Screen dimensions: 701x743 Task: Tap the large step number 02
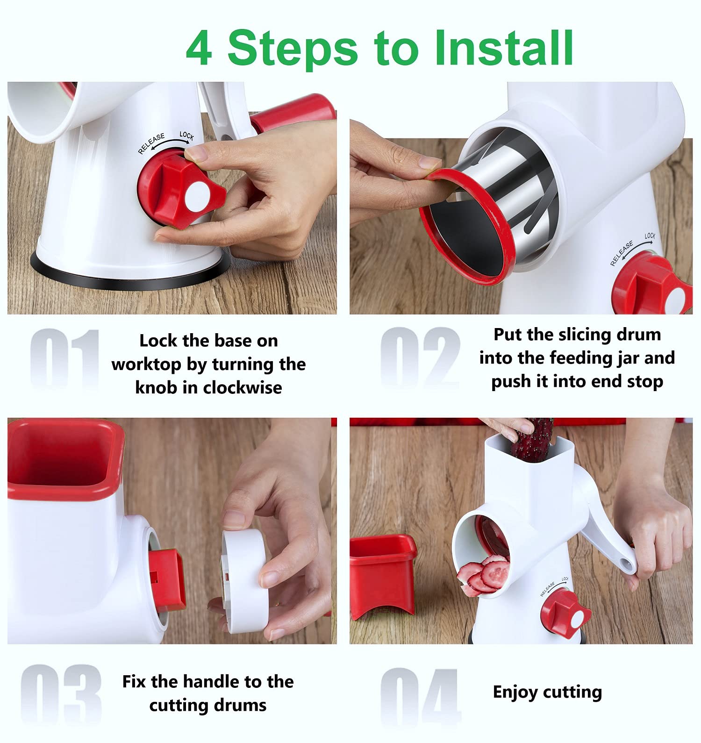coord(420,357)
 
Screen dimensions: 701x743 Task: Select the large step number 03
coord(61,696)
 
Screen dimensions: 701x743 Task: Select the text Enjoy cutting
coord(547,692)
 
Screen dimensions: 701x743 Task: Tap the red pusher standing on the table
coord(382,578)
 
